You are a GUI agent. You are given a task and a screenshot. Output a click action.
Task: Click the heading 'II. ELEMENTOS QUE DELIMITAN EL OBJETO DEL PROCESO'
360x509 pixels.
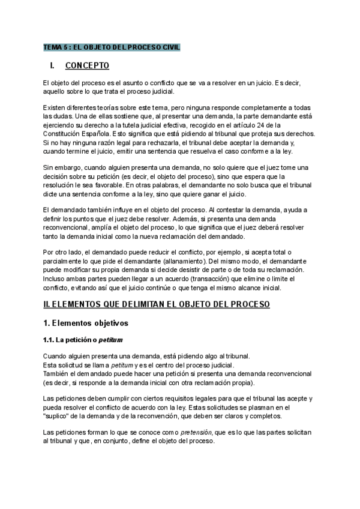coord(156,305)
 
